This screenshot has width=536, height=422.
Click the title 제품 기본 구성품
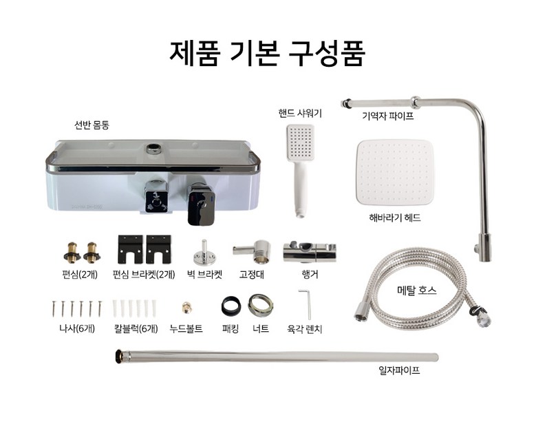point(268,53)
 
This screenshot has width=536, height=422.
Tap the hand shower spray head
point(300,143)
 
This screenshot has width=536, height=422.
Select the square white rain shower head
point(395,172)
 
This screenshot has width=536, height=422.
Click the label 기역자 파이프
point(388,116)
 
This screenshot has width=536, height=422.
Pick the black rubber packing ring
point(231,306)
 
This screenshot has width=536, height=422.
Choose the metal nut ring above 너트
point(261,306)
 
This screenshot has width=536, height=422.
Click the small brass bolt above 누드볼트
point(186,308)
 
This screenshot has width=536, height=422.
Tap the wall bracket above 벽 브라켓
point(204,253)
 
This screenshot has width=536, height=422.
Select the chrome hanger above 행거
point(310,252)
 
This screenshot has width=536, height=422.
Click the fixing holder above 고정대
point(253,251)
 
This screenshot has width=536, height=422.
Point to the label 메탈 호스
point(417,291)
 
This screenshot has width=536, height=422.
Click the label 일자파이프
point(399,370)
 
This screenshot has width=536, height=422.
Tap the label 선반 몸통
point(92,125)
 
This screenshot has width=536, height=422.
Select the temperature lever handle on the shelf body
point(202,205)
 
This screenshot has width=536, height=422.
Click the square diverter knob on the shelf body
point(157,198)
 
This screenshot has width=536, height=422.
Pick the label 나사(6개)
point(77,328)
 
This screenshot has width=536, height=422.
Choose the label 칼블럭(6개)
point(136,328)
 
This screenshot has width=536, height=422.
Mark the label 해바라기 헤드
point(395,218)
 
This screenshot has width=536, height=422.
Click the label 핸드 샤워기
point(300,113)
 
